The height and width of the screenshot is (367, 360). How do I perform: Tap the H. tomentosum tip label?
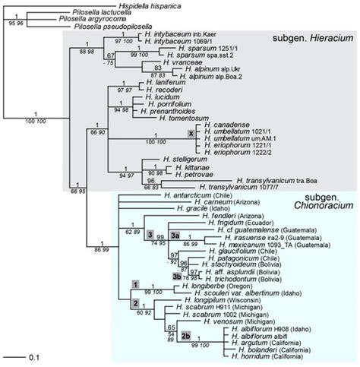[185, 115]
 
